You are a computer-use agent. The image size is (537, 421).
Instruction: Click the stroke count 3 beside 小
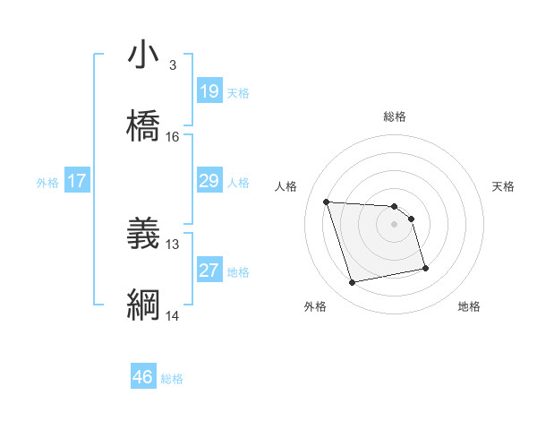click(x=173, y=65)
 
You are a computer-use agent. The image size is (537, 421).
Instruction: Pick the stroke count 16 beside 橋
click(x=173, y=137)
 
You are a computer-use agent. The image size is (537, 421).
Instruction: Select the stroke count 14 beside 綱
click(x=173, y=316)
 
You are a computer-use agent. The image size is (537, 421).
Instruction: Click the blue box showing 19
click(x=209, y=91)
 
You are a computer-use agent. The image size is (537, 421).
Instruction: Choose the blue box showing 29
click(x=209, y=182)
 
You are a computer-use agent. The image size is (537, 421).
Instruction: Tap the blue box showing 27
click(x=209, y=271)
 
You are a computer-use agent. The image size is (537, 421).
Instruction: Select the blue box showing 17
click(x=77, y=182)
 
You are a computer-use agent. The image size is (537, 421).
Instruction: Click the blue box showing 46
click(x=143, y=378)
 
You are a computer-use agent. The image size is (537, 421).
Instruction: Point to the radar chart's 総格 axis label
click(x=395, y=116)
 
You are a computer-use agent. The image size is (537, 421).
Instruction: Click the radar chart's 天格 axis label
click(x=503, y=186)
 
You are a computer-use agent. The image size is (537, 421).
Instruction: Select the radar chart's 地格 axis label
click(x=469, y=306)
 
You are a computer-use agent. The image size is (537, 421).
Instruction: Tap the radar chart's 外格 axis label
click(x=315, y=306)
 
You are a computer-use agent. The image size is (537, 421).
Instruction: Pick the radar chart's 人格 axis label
click(x=286, y=186)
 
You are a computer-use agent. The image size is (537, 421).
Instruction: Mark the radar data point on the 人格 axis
click(x=327, y=202)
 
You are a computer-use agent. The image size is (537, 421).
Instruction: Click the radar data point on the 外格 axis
click(x=353, y=283)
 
